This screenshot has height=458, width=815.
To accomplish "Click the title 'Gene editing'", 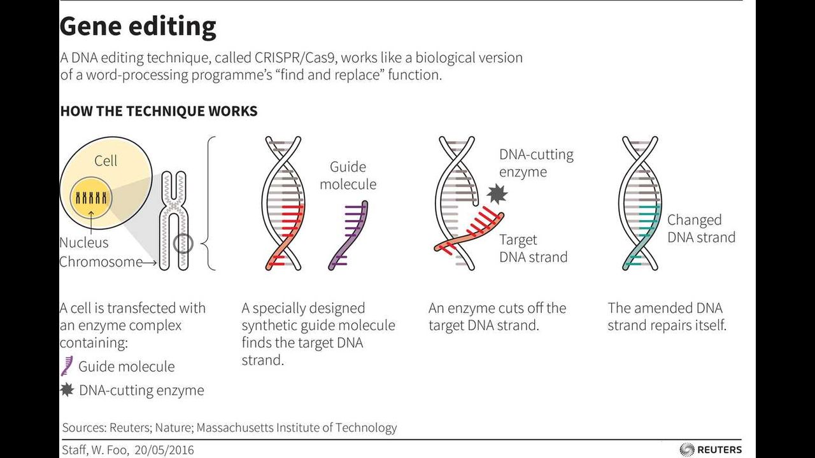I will click(x=138, y=27).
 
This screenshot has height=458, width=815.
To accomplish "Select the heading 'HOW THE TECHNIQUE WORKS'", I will click(x=159, y=111).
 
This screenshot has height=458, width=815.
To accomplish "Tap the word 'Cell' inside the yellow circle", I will click(x=106, y=161).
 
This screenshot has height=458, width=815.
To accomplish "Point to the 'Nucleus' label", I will click(x=84, y=242).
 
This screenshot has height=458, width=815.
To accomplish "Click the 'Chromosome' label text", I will click(x=101, y=262).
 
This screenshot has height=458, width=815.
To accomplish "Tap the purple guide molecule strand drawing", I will click(x=349, y=235).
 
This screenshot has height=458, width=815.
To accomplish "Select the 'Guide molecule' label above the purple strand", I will click(x=348, y=176).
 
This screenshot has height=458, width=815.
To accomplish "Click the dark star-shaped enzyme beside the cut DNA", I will click(x=495, y=192).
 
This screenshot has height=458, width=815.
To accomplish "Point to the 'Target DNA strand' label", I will click(x=533, y=248).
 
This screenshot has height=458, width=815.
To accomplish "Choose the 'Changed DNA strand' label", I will click(x=701, y=229).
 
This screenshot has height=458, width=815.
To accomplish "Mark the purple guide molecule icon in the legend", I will click(x=66, y=366).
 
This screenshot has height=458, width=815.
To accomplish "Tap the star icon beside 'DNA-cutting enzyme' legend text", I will click(x=67, y=390).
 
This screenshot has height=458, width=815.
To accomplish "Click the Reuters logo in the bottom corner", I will click(x=711, y=450).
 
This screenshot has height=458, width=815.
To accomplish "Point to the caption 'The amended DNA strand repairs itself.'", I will click(x=667, y=317).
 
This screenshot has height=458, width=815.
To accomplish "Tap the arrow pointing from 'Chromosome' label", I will click(x=150, y=262).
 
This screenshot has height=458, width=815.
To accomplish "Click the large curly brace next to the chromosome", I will click(x=210, y=204).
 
